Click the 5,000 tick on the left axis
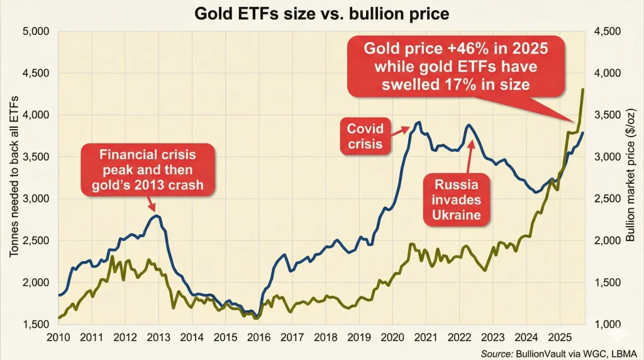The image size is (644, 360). pos(36,31)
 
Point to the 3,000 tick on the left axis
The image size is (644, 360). pos(36,199)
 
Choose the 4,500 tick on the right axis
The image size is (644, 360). pos(607,31)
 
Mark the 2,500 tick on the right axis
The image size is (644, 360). pos(607,199)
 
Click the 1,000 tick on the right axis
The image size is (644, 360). pos(607,324)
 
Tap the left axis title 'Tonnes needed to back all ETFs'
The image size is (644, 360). pos(13,177)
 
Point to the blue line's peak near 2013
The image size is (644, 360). pos(157,216)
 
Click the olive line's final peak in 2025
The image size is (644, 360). pos(583,89)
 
